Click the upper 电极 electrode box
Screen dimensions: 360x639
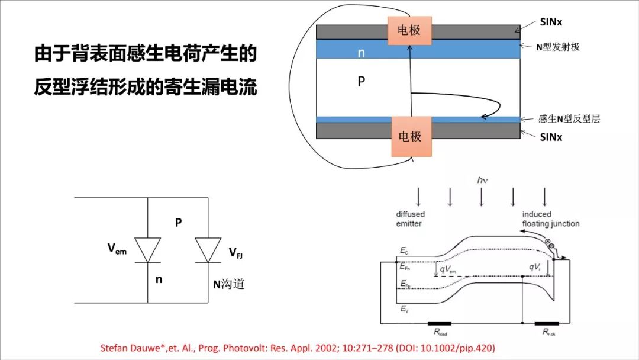409,30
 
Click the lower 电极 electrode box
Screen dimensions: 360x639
409,137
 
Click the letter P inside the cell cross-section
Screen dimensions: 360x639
362,82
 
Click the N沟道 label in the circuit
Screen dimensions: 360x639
228,284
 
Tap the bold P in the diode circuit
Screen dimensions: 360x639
178,223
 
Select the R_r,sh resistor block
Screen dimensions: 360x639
546,324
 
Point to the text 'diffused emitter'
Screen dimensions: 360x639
410,218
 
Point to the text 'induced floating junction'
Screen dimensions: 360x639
550,218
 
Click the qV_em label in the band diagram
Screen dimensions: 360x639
447,269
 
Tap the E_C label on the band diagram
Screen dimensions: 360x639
404,251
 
